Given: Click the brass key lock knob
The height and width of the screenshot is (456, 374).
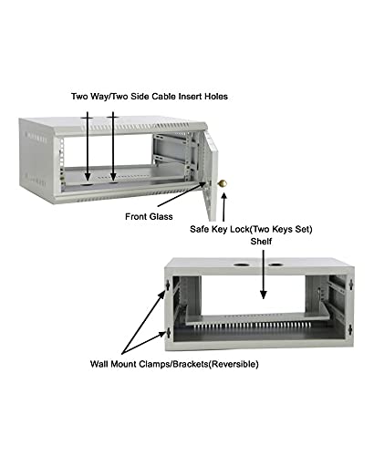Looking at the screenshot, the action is [223, 183].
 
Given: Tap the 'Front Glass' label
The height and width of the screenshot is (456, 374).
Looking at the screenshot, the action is [149, 217].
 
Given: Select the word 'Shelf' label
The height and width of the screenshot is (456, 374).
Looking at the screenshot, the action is [261, 242].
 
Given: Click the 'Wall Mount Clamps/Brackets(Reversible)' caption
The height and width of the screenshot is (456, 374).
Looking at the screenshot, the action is [174, 364].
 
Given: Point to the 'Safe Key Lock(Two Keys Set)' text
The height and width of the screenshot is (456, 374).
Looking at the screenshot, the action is [251, 229].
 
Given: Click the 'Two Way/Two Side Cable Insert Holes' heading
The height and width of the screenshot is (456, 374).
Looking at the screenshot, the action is [150, 97].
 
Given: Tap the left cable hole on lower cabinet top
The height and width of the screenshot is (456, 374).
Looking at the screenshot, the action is [242, 264].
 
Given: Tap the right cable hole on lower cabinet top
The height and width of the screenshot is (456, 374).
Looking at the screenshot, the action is [275, 264].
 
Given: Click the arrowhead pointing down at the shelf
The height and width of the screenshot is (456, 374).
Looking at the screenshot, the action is [264, 295].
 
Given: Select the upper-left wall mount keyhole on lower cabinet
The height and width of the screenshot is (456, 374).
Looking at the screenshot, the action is [168, 285].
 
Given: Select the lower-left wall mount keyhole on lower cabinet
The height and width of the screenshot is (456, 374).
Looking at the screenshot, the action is [168, 333].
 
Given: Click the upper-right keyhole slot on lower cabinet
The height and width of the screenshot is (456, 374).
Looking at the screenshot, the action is [351, 285].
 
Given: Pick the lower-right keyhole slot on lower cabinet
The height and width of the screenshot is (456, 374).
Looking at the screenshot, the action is [350, 330].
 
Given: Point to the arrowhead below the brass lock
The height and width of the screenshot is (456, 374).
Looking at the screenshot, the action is [224, 196].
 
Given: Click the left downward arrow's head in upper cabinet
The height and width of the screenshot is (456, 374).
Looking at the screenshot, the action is [88, 177].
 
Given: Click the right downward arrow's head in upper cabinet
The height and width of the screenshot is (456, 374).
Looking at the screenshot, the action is [113, 177].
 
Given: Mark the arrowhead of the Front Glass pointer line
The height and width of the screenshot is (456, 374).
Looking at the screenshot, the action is [203, 183].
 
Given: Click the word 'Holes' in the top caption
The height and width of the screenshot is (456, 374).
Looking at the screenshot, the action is [216, 97].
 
